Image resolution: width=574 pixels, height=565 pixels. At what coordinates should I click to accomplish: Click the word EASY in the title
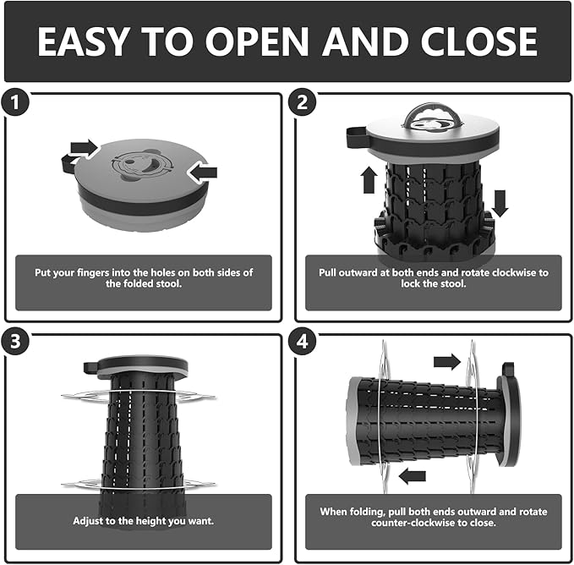tap(84, 41)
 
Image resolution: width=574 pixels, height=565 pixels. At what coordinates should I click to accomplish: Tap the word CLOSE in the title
tap(479, 41)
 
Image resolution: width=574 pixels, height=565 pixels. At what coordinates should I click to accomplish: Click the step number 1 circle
tap(15, 102)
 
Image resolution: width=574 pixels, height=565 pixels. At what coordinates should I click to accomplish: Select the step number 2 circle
tap(302, 102)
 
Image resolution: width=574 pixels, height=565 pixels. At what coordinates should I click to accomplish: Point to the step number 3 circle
tap(15, 341)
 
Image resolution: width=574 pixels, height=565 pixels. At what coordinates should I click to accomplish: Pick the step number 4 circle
tap(302, 341)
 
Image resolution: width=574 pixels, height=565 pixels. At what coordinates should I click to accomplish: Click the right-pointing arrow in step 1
tap(85, 148)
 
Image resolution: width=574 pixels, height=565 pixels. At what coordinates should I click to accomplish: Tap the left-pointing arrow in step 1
tap(202, 172)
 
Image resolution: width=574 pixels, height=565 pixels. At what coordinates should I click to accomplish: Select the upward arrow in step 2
tap(369, 180)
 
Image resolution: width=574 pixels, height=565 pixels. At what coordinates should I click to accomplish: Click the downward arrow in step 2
tap(500, 204)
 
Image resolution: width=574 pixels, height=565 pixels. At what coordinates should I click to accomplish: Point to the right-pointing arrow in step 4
tap(447, 362)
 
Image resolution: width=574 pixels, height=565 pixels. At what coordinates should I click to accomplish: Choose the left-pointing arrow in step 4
tap(413, 476)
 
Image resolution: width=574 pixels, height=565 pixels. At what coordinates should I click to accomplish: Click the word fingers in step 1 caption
tap(93, 273)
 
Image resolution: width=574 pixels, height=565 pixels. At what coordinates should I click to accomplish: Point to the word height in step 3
tap(149, 521)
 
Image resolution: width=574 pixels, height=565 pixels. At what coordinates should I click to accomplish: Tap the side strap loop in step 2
tap(356, 136)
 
